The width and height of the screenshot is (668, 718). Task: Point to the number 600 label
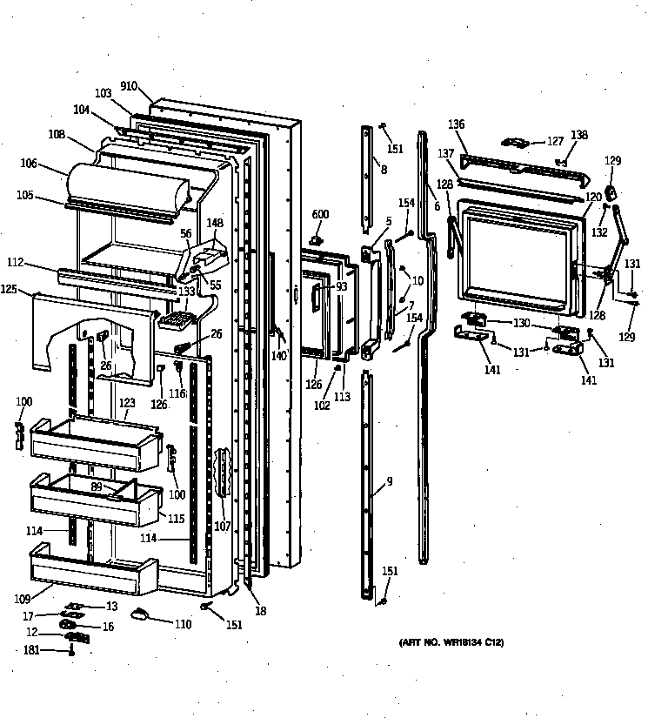click(x=320, y=215)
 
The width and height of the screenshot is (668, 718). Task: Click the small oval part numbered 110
click(x=140, y=615)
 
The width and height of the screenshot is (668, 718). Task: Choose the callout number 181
click(x=30, y=649)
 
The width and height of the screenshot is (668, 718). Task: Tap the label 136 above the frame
click(x=457, y=124)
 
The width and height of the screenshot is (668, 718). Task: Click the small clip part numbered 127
click(x=515, y=142)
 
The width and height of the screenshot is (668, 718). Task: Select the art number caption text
click(x=452, y=642)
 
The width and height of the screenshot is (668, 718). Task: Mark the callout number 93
click(x=341, y=286)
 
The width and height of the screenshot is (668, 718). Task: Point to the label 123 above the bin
click(x=127, y=402)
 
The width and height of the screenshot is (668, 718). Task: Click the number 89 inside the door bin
click(x=97, y=487)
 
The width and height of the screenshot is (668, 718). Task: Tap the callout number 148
click(x=214, y=222)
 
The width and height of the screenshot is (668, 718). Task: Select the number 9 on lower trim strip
click(x=389, y=480)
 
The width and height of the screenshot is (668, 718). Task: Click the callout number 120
click(x=593, y=198)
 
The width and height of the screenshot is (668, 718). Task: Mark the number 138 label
click(x=579, y=135)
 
